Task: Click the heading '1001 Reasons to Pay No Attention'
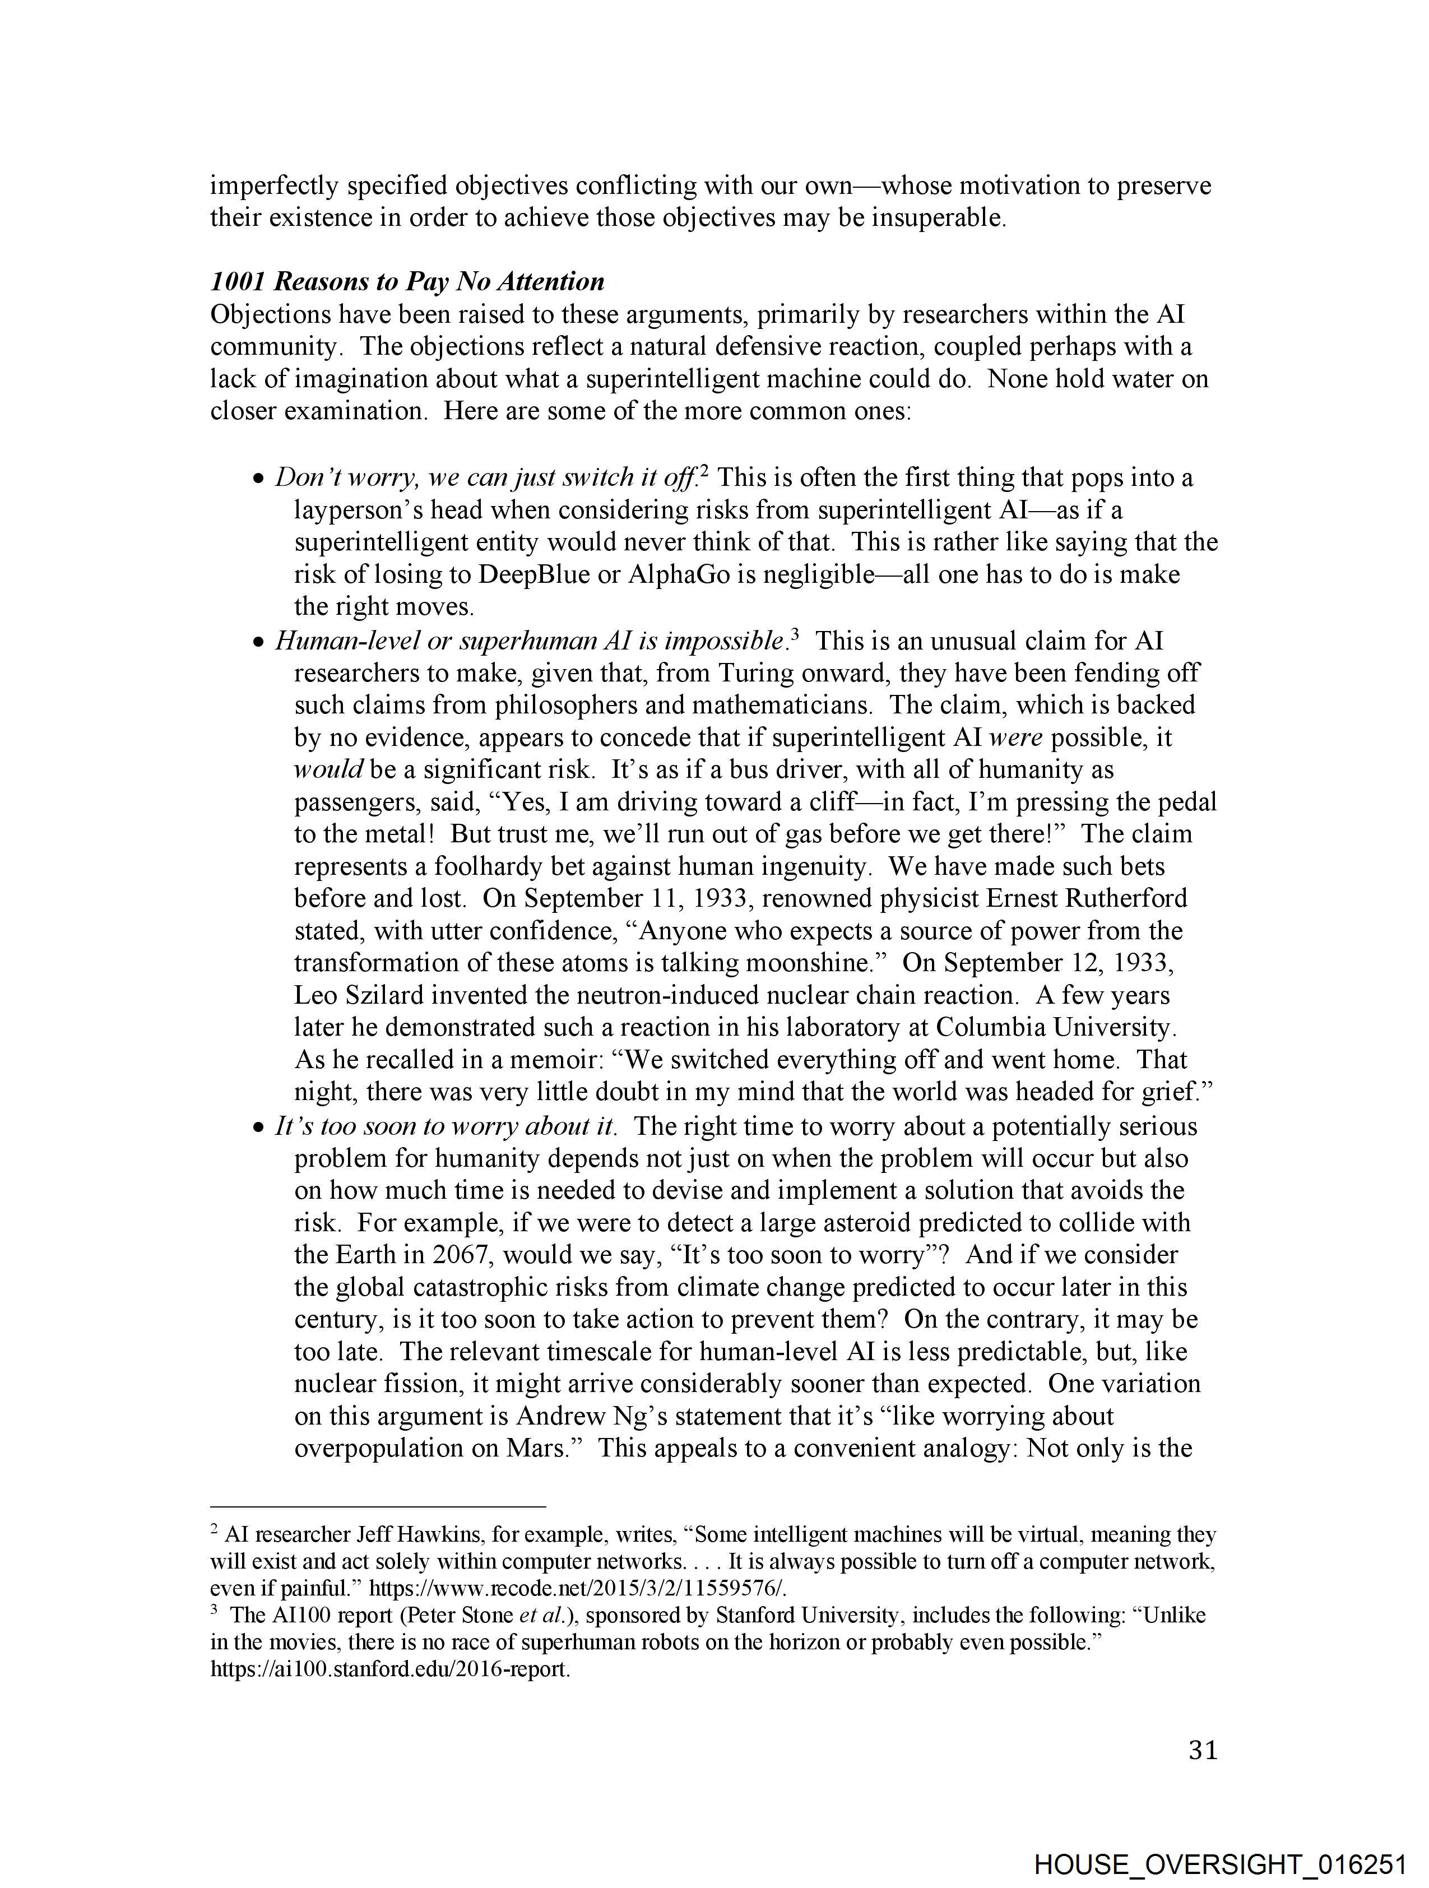407,282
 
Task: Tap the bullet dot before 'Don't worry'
259,480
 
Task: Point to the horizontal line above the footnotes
377,1506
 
